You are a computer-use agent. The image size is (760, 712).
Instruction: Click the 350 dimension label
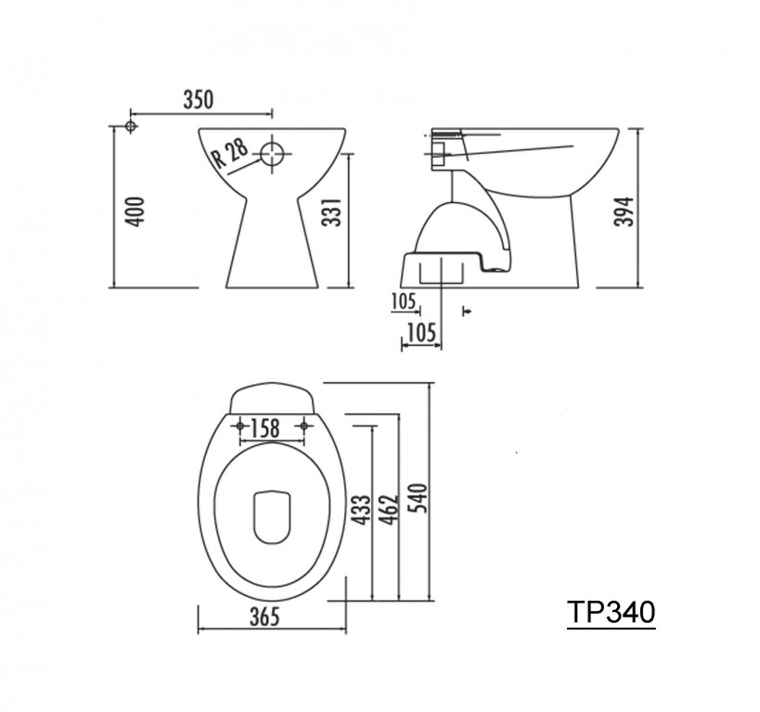point(198,99)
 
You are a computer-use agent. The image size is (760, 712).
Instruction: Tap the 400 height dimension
point(135,211)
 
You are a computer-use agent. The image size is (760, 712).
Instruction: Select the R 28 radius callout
point(231,153)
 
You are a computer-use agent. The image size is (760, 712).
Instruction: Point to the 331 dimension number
point(332,211)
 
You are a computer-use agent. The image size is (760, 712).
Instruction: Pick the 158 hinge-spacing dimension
point(265,428)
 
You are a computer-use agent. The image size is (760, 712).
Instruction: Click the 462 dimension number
point(388,510)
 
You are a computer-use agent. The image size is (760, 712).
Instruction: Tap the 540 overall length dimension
point(418,498)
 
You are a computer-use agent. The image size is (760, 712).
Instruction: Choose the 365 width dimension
point(264,617)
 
